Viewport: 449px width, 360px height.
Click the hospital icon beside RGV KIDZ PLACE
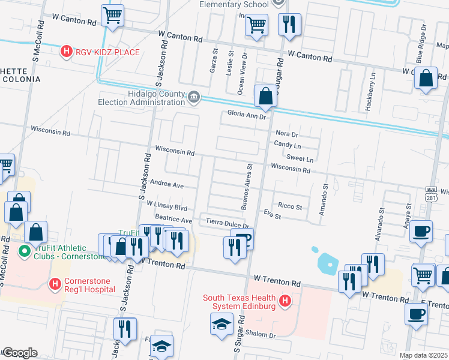point(67,52)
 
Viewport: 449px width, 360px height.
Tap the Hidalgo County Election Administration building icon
point(193,97)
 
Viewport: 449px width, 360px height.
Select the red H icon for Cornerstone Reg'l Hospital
point(55,283)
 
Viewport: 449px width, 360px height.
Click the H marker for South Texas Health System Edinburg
point(285,301)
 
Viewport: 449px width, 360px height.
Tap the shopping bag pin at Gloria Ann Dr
point(265,95)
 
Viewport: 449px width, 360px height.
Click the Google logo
point(19,353)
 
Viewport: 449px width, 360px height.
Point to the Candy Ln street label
point(288,146)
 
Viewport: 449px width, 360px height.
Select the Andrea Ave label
point(167,185)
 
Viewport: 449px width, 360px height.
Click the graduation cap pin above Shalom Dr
point(221,324)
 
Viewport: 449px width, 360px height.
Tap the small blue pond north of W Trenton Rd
point(328,262)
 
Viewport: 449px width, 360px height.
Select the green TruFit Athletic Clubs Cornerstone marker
point(26,250)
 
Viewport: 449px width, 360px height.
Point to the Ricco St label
point(291,206)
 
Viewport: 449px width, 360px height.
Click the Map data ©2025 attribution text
point(424,355)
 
